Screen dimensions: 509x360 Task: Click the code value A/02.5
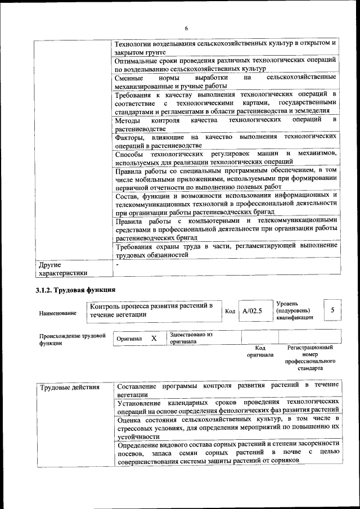253,310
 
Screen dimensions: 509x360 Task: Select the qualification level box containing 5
332,310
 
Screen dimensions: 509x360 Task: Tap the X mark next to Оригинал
154,339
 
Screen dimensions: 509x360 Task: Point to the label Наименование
58,313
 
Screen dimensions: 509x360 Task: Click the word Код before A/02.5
230,311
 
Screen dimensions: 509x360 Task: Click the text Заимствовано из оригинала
191,337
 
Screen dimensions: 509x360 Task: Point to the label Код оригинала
260,352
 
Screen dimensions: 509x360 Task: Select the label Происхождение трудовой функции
73,339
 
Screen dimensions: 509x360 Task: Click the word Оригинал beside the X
129,339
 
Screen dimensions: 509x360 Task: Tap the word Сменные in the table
129,77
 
